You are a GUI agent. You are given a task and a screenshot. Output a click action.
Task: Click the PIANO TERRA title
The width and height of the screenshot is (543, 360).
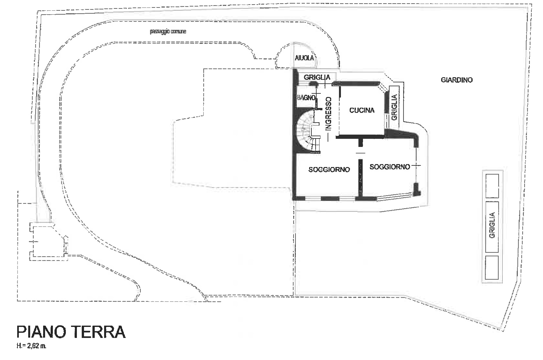[71, 332]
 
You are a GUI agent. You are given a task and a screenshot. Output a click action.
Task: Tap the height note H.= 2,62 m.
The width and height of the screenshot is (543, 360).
[31, 346]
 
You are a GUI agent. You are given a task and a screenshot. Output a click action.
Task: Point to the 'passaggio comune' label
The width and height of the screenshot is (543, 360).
[168, 31]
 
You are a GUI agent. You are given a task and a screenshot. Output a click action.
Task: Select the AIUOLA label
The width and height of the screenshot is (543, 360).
[305, 58]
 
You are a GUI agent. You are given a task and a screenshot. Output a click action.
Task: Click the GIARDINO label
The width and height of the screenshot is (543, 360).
[457, 80]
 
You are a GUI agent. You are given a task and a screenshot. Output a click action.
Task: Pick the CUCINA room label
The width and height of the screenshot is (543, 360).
[362, 110]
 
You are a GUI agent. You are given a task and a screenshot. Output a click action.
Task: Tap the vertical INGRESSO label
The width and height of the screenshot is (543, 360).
[329, 114]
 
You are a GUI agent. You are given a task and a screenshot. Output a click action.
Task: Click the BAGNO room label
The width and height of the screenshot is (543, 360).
[307, 98]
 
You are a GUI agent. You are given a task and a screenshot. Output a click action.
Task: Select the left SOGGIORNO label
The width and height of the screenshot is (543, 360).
[329, 169]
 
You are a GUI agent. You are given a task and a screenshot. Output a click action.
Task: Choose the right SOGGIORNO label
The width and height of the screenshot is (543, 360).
[390, 167]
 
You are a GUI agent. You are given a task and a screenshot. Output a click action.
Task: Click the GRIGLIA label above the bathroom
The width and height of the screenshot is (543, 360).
[317, 77]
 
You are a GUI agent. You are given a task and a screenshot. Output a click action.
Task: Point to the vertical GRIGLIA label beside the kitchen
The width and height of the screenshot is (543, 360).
[394, 107]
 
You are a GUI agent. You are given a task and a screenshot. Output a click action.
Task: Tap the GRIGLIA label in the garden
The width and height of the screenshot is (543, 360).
[492, 225]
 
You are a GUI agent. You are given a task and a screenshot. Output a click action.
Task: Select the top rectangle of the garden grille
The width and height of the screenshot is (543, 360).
[492, 186]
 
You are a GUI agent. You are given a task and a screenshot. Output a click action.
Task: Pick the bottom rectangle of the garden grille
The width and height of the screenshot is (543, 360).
[492, 267]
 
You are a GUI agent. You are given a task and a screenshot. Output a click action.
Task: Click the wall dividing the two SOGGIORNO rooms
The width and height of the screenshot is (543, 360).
[360, 177]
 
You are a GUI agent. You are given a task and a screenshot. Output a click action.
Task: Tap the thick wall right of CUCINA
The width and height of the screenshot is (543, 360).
[387, 102]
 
